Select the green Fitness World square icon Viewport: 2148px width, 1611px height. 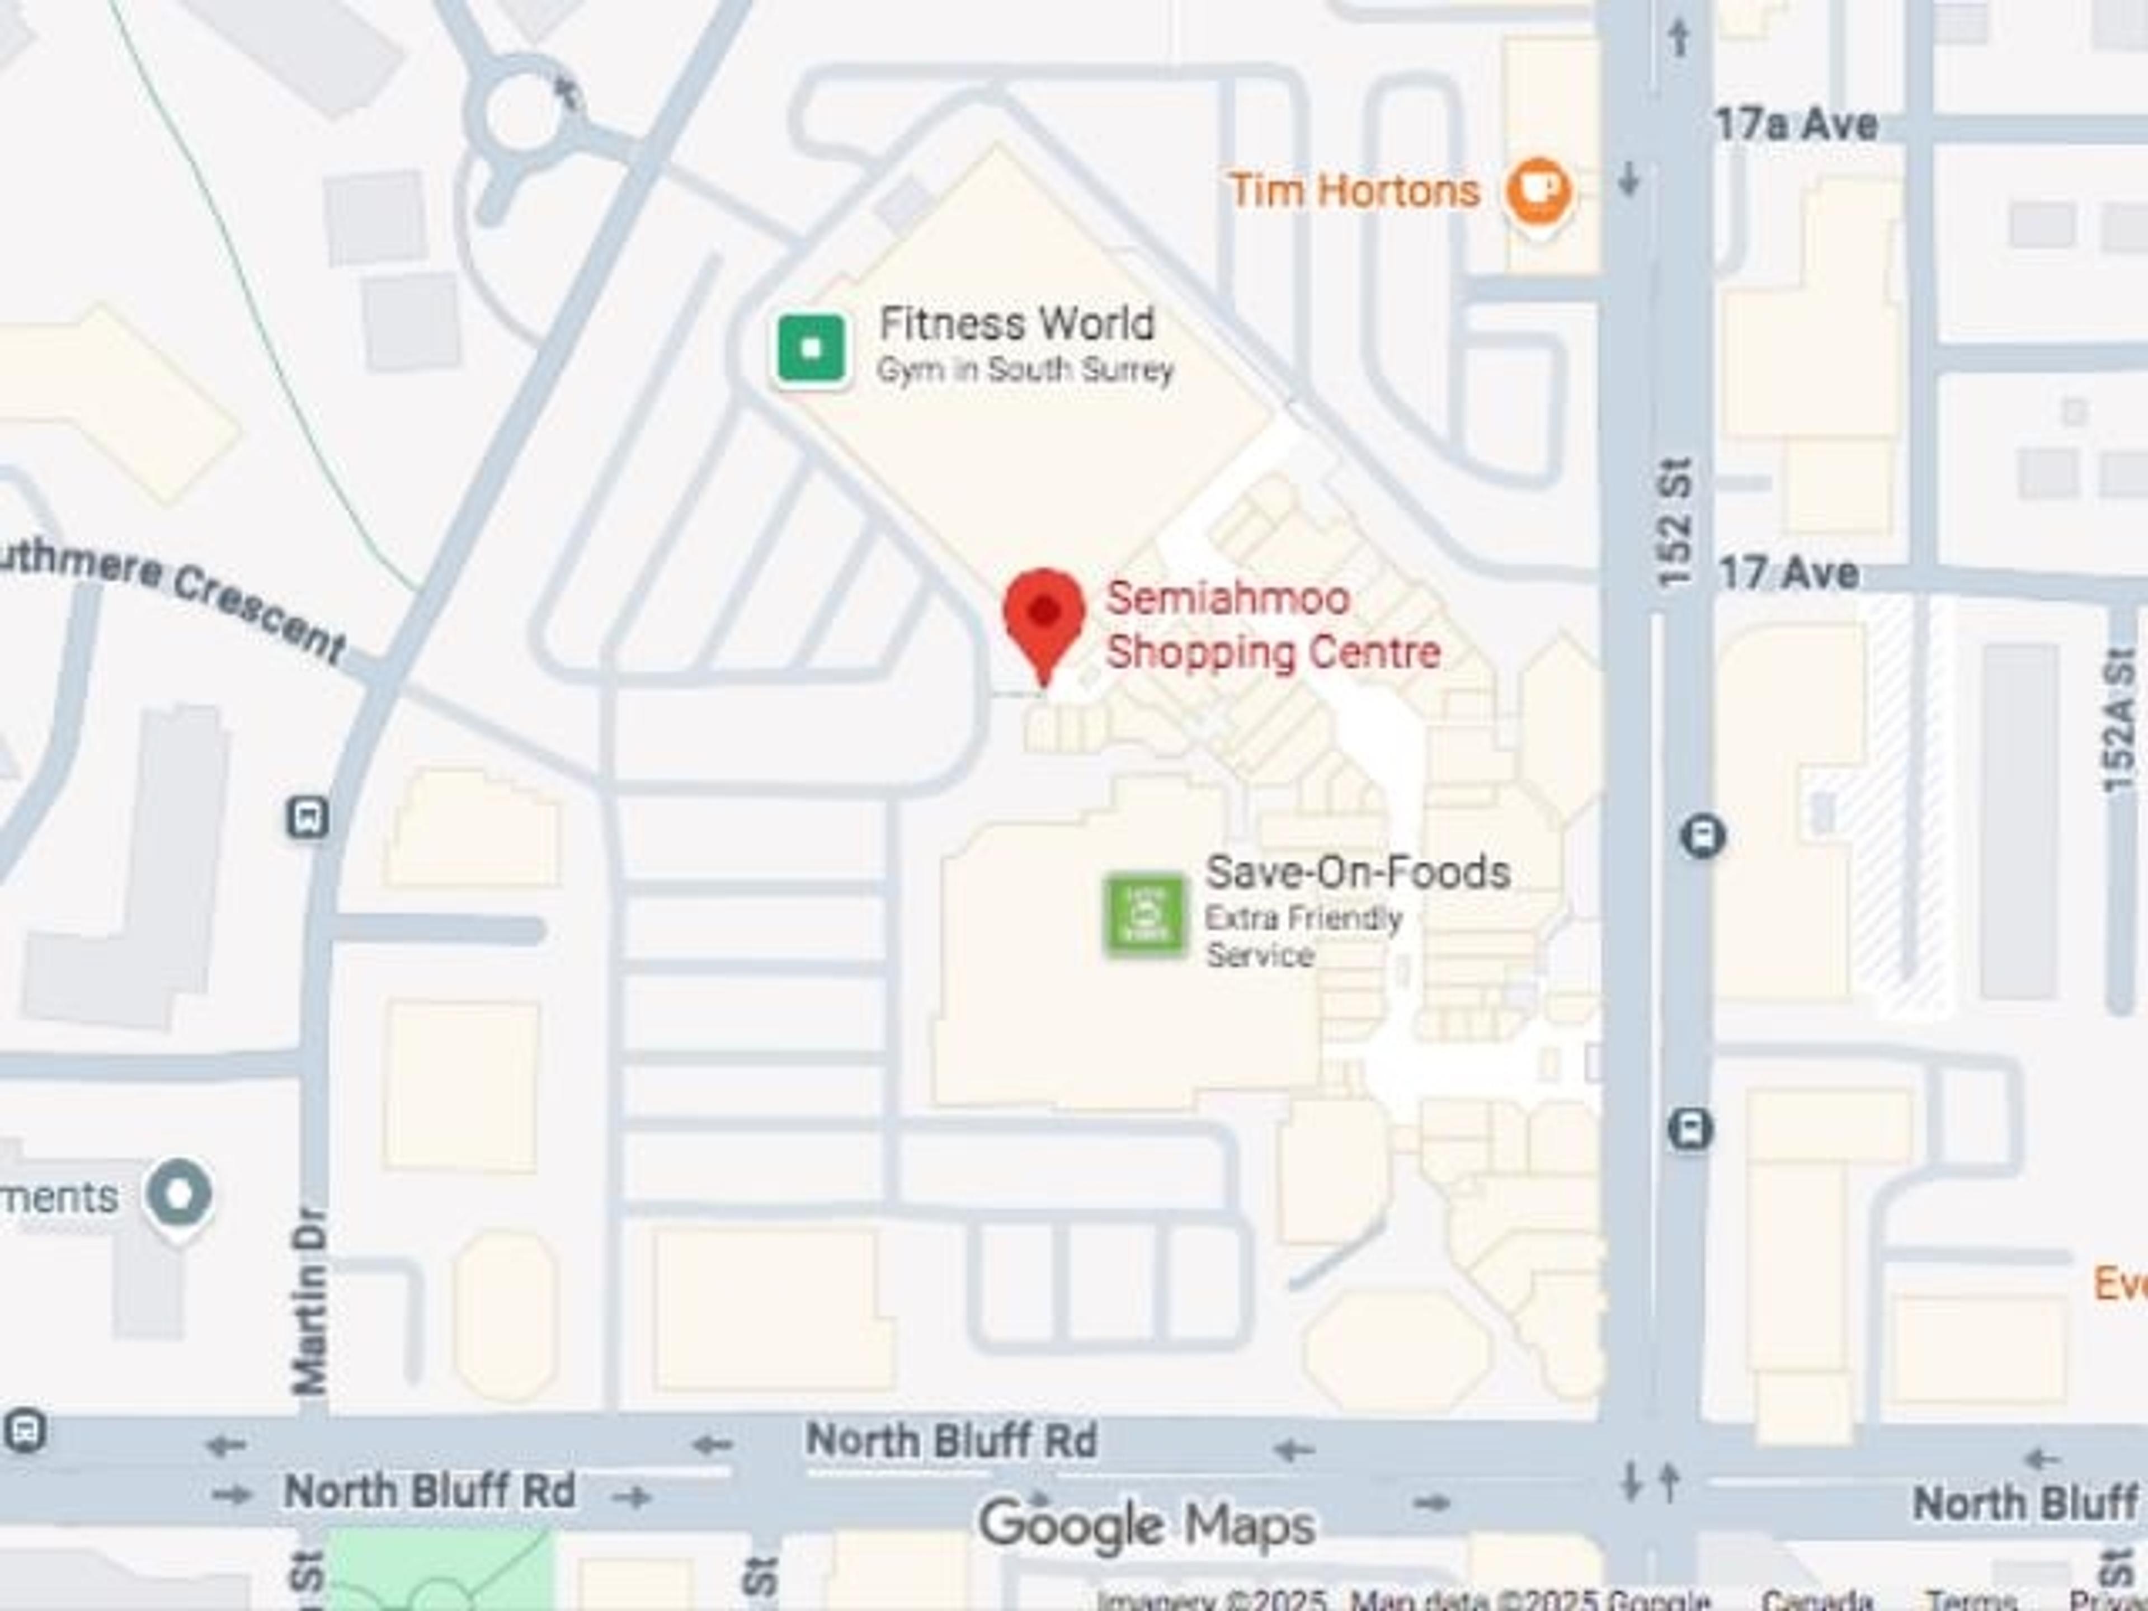(812, 347)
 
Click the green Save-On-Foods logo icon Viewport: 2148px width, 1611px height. (1146, 915)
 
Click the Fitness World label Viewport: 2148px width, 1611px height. (1017, 323)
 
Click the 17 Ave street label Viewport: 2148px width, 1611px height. (1789, 573)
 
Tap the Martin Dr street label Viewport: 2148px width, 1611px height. (309, 1301)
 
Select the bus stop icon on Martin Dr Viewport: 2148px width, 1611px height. (308, 818)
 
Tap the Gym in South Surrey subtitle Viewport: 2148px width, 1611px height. (1024, 370)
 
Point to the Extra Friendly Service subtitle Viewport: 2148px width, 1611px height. (1303, 936)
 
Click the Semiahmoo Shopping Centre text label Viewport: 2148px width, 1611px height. (1272, 624)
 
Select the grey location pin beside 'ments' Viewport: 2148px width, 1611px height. (178, 1194)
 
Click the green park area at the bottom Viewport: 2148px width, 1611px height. (437, 1568)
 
